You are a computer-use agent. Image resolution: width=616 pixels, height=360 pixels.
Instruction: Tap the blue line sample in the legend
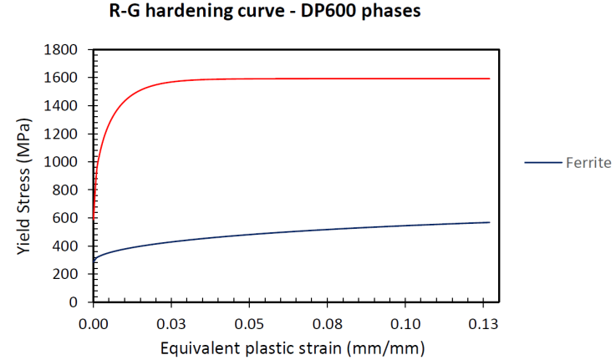point(542,163)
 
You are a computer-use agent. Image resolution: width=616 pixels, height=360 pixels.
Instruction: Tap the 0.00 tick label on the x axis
point(94,322)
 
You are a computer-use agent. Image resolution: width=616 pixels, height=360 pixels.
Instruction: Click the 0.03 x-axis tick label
point(171,322)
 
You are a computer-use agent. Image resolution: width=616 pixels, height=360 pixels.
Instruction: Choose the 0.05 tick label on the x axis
point(249,322)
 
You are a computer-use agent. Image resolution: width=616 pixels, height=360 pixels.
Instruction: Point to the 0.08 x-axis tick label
point(328,322)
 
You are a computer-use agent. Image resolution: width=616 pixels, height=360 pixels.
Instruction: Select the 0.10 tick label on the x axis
point(405,322)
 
